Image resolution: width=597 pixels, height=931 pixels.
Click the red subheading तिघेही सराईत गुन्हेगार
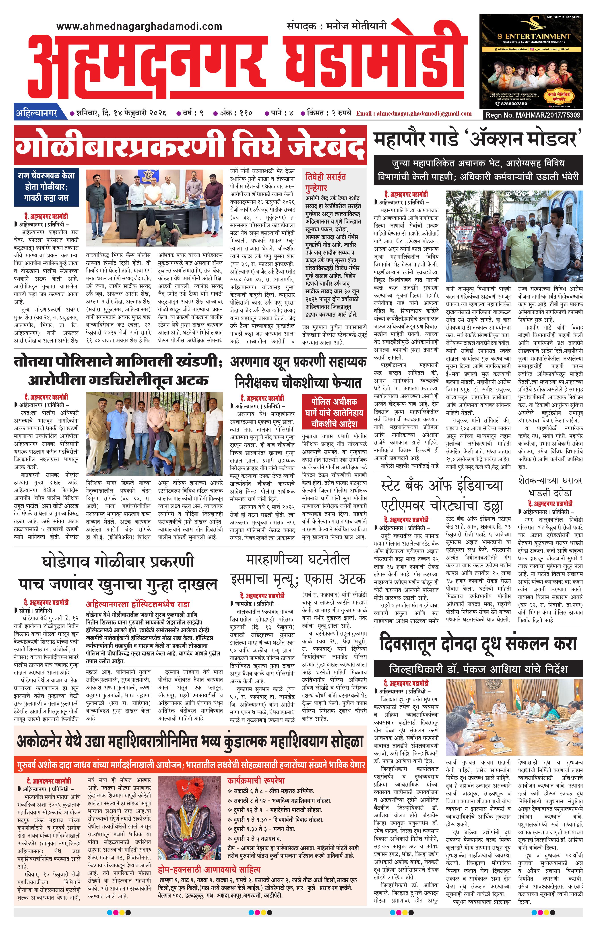tap(326, 182)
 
